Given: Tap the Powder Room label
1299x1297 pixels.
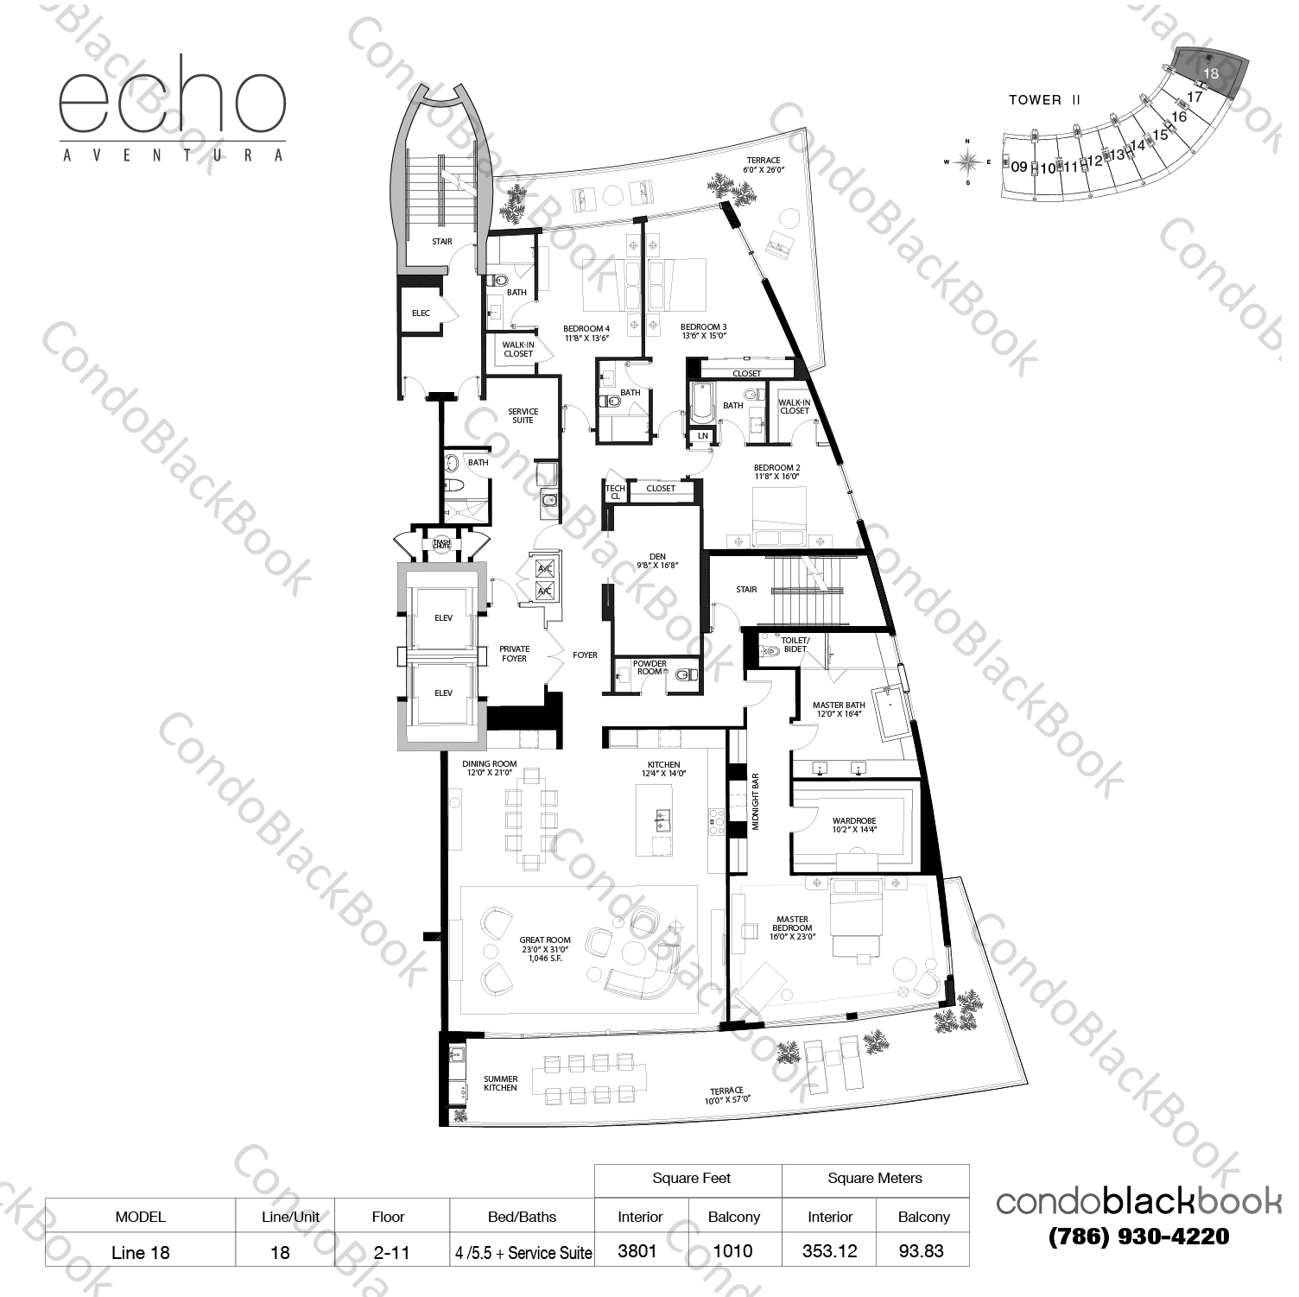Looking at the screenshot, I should pos(649,667).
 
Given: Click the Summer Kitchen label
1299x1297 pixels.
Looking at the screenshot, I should pos(500,1083).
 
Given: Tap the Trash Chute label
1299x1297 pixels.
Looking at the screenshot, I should pos(442,544).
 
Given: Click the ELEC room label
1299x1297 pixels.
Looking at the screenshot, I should pos(421,313).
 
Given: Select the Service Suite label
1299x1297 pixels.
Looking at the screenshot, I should pos(523,415).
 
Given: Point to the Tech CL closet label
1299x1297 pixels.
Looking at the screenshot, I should pos(615,492).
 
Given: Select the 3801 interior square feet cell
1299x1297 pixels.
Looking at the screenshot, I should pos(637,1250).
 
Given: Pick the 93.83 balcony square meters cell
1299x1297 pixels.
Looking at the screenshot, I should pos(922,1250).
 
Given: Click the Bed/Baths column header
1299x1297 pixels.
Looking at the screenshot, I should pos(522,1217).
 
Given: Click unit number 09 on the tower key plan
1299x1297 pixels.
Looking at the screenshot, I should pos(1019,167).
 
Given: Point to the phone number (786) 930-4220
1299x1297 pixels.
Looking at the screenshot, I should pos(1138,1237).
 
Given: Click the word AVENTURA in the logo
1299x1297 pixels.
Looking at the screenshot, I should pos(172,155).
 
